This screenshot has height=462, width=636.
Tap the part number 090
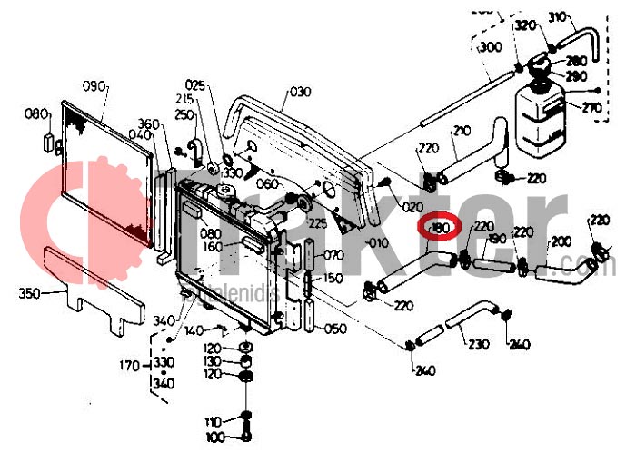tap(95, 87)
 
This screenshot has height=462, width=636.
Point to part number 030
tap(301, 92)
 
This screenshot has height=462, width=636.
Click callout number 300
tap(490, 47)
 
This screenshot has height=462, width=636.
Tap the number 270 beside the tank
tap(591, 108)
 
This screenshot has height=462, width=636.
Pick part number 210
tap(462, 132)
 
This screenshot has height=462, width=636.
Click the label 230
tap(479, 344)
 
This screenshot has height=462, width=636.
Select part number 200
tap(561, 241)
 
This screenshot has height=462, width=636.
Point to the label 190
tap(496, 240)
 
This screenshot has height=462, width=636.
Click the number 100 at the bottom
tap(214, 438)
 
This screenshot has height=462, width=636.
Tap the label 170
tap(130, 367)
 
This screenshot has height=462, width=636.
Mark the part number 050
tap(334, 329)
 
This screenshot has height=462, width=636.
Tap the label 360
tap(148, 123)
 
